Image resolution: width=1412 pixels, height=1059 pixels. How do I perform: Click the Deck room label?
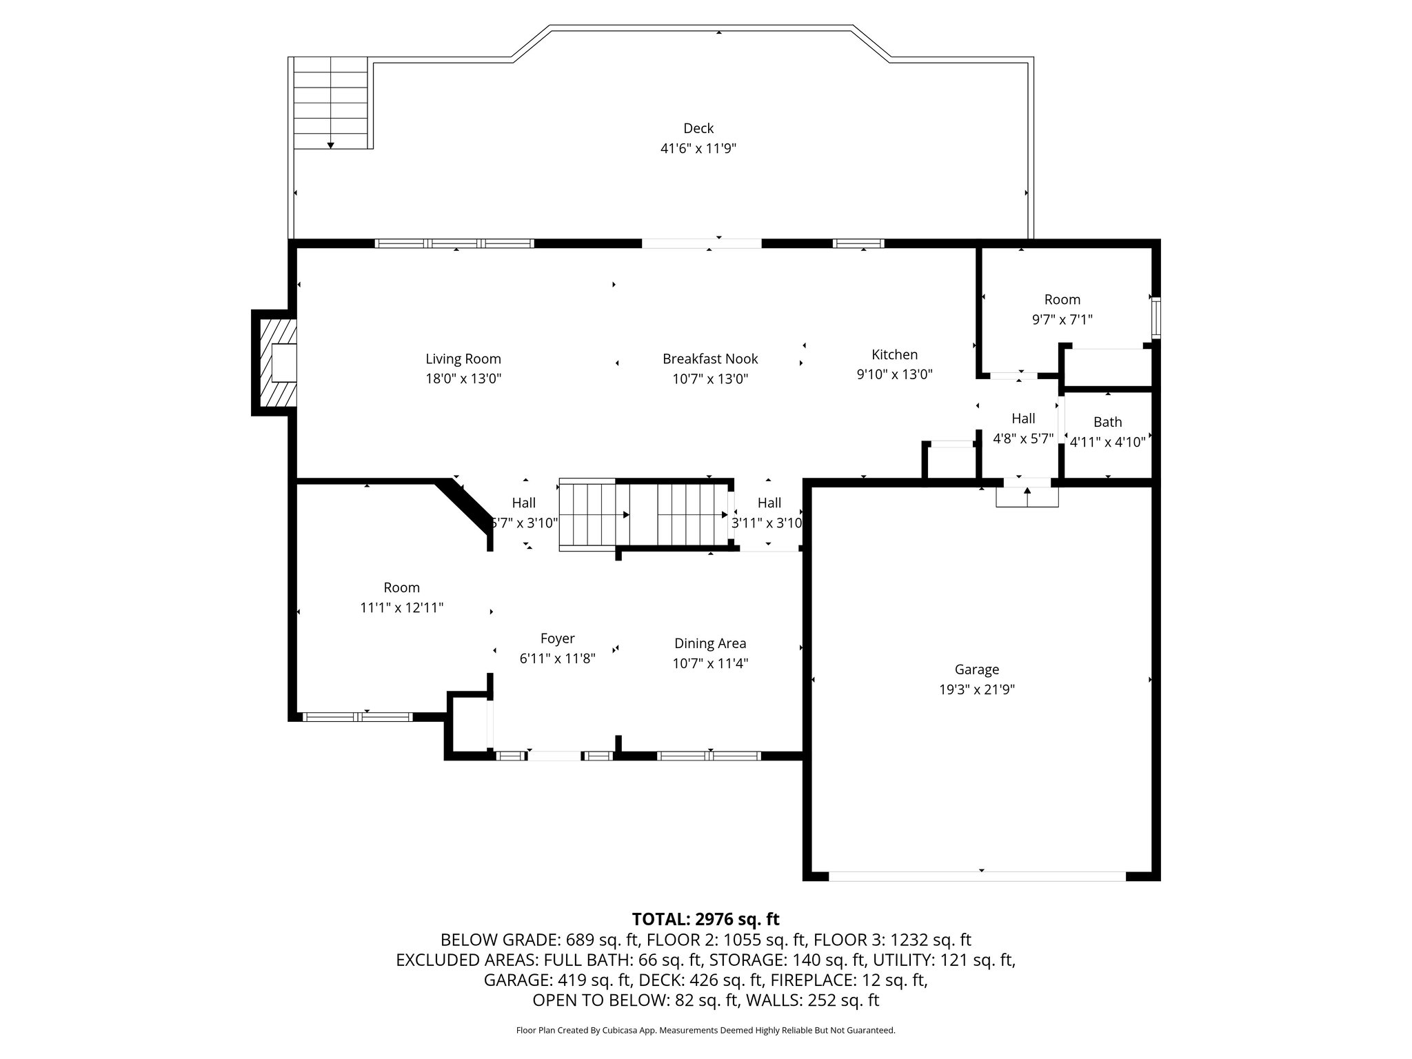(x=698, y=128)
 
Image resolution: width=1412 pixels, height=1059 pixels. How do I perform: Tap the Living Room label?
(x=463, y=359)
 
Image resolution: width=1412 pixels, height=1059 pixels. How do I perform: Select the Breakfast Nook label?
(x=710, y=359)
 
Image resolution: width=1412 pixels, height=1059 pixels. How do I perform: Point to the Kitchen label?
(x=895, y=354)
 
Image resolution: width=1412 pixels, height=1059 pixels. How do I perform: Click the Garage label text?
(x=977, y=669)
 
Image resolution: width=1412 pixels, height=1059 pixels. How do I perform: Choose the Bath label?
(x=1108, y=422)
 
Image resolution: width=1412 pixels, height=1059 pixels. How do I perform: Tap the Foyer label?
(x=557, y=639)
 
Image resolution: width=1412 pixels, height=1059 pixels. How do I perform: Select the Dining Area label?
(x=710, y=643)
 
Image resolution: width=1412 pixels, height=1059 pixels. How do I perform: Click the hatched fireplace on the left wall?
(x=274, y=363)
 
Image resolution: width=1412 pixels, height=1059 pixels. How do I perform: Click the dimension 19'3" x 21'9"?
(x=977, y=689)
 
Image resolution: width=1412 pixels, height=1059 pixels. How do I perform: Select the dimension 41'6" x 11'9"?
(x=698, y=148)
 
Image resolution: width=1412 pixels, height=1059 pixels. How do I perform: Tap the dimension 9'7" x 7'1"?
(x=1062, y=320)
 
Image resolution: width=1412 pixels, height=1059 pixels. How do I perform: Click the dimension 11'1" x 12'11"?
(x=402, y=608)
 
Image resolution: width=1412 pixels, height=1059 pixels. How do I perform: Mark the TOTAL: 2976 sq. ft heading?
(x=705, y=919)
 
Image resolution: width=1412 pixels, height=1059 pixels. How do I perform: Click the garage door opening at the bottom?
(x=977, y=876)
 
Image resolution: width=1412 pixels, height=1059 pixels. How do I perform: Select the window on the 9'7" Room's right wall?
(x=1156, y=317)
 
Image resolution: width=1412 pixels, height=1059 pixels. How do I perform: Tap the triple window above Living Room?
(x=454, y=243)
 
